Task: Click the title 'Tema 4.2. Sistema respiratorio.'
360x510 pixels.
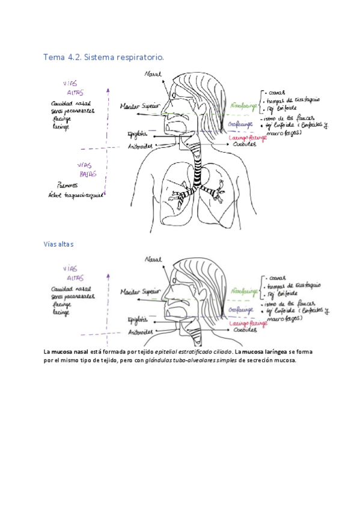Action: [103, 57]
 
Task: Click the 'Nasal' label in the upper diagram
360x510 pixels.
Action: [153, 74]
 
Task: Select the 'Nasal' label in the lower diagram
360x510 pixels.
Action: [153, 260]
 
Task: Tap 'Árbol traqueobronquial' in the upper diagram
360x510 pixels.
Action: [76, 195]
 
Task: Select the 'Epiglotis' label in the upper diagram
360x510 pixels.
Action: [138, 134]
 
